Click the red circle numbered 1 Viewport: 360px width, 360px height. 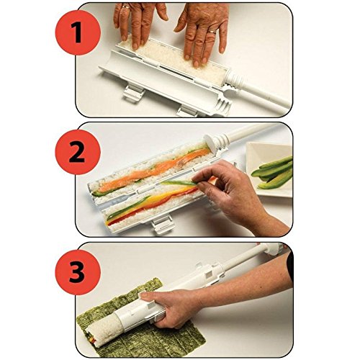click(78, 32)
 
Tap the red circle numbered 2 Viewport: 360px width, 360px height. click(78, 152)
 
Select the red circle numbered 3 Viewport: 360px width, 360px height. click(78, 272)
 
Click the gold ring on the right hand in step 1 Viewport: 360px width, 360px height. click(212, 31)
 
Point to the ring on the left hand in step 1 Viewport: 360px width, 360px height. click(126, 6)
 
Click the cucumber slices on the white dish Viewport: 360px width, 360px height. click(274, 171)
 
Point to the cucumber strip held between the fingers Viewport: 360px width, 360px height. click(178, 183)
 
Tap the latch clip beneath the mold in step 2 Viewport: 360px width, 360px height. click(161, 225)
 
